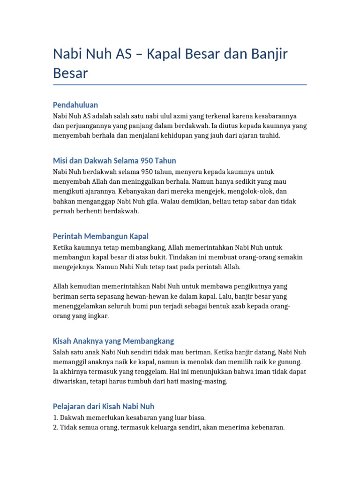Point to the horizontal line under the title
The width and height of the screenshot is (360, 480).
[180, 85]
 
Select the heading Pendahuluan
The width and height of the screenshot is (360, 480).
[75, 105]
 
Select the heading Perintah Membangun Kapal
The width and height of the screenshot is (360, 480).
[101, 236]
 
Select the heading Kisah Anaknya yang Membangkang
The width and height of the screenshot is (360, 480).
[113, 341]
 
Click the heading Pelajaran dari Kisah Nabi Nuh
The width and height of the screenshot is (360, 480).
[104, 406]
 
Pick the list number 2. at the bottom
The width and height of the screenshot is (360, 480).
[55, 427]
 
